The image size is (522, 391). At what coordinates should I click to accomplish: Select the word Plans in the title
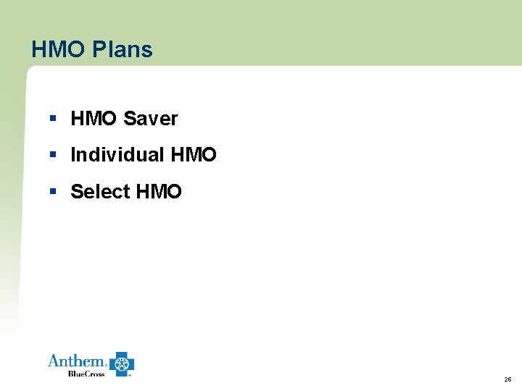123,49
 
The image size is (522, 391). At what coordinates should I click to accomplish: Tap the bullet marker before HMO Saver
53,118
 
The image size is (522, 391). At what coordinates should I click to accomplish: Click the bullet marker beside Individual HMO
53,155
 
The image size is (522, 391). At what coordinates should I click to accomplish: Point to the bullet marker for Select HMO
53,192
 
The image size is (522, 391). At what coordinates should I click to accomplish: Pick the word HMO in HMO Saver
94,118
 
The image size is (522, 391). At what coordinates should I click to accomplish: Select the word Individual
117,155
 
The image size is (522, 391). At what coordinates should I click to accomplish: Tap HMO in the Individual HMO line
194,155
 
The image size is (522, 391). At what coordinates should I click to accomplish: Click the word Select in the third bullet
100,192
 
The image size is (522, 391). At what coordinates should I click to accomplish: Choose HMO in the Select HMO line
159,192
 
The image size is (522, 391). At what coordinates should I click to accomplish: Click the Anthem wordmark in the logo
76,361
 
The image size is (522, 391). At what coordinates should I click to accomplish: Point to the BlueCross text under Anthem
86,373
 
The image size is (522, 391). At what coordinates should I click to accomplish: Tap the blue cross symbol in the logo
122,364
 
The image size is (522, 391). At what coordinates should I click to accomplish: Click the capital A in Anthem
54,361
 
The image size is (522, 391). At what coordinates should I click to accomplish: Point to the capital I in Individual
73,155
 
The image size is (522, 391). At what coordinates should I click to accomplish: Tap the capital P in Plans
99,49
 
